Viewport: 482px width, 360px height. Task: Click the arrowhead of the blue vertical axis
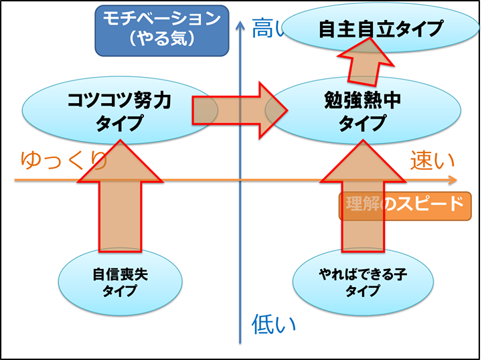[240, 25]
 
